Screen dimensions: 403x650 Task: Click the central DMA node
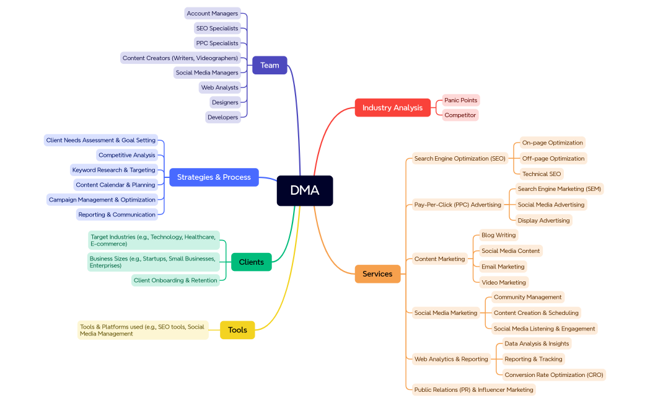coord(304,190)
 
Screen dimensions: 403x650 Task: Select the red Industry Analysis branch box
coord(392,107)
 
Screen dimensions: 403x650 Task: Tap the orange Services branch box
coord(377,273)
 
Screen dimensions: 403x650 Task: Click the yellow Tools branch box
coord(237,330)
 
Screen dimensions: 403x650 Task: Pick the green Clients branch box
coord(251,262)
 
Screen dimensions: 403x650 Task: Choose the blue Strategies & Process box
coord(214,177)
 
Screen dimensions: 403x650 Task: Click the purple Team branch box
coord(270,65)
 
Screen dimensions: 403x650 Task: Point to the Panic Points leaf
coord(460,100)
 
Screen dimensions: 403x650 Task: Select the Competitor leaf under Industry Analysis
coord(460,115)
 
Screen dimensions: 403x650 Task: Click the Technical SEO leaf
coord(541,174)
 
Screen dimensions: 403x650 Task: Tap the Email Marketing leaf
coord(503,267)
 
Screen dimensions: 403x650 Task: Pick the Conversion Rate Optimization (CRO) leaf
coord(553,374)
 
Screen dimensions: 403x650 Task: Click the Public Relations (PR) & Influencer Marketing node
coord(473,389)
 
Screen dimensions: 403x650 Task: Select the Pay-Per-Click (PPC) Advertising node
coord(457,205)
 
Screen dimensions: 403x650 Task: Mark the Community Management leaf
coord(527,297)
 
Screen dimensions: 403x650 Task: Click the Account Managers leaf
coord(212,13)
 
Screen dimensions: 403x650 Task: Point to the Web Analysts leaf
coord(219,87)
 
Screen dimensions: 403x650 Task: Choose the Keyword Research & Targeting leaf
coord(113,170)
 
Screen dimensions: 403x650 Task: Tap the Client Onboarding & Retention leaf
coord(175,280)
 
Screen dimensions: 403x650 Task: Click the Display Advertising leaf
coord(543,220)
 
